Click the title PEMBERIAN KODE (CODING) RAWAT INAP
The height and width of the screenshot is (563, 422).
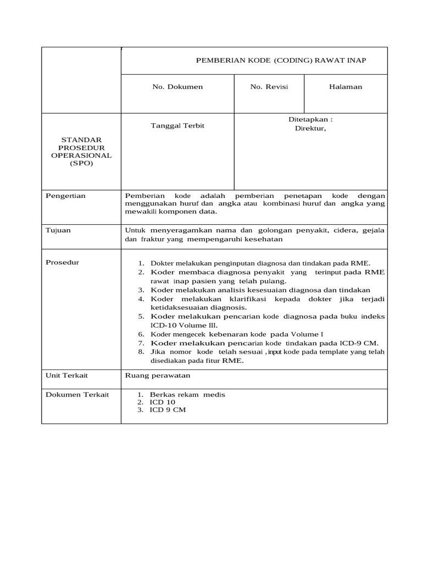[x=281, y=60]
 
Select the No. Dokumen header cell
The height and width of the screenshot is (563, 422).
[x=177, y=87]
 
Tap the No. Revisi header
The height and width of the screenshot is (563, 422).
[x=269, y=87]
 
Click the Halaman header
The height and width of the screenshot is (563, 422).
[x=346, y=87]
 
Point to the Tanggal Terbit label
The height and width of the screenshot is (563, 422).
[x=177, y=126]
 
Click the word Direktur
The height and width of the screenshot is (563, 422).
[x=310, y=129]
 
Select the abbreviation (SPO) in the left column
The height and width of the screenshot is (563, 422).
[x=81, y=163]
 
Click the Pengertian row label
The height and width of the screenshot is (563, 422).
[x=65, y=196]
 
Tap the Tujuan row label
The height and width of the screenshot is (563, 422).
[x=58, y=230]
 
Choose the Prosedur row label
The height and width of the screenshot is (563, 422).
[x=62, y=262]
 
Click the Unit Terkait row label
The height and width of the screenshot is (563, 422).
[x=66, y=376]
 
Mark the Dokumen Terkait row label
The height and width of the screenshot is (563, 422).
[x=77, y=395]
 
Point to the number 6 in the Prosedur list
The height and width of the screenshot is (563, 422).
[x=141, y=334]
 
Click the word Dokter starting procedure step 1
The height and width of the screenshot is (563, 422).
[x=162, y=263]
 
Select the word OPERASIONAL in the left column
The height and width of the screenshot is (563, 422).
[x=81, y=156]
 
